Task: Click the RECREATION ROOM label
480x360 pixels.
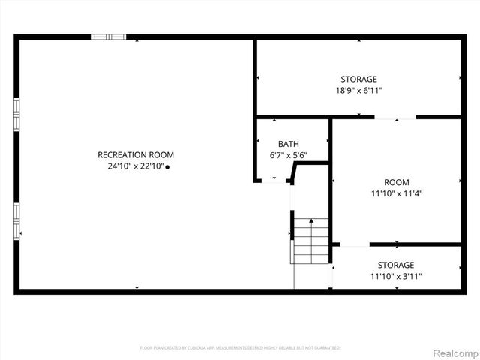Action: tap(135, 155)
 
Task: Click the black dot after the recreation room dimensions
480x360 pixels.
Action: tap(167, 167)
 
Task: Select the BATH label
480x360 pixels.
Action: tap(288, 144)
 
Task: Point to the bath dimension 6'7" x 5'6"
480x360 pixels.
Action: tap(288, 156)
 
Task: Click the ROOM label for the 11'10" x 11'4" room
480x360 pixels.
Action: tap(396, 182)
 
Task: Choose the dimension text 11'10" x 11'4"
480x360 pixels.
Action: tap(396, 193)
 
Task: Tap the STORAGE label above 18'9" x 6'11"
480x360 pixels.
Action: tap(358, 79)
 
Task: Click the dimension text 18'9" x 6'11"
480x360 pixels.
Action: tap(358, 91)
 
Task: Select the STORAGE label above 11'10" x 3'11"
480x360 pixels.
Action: tap(395, 265)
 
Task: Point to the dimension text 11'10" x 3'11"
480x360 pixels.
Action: tap(395, 277)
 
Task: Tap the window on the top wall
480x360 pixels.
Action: tap(109, 37)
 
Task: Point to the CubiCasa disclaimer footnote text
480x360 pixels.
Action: tap(240, 348)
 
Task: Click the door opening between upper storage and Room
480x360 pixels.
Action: tap(395, 117)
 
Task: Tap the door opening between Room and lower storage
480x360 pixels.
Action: tap(355, 244)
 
